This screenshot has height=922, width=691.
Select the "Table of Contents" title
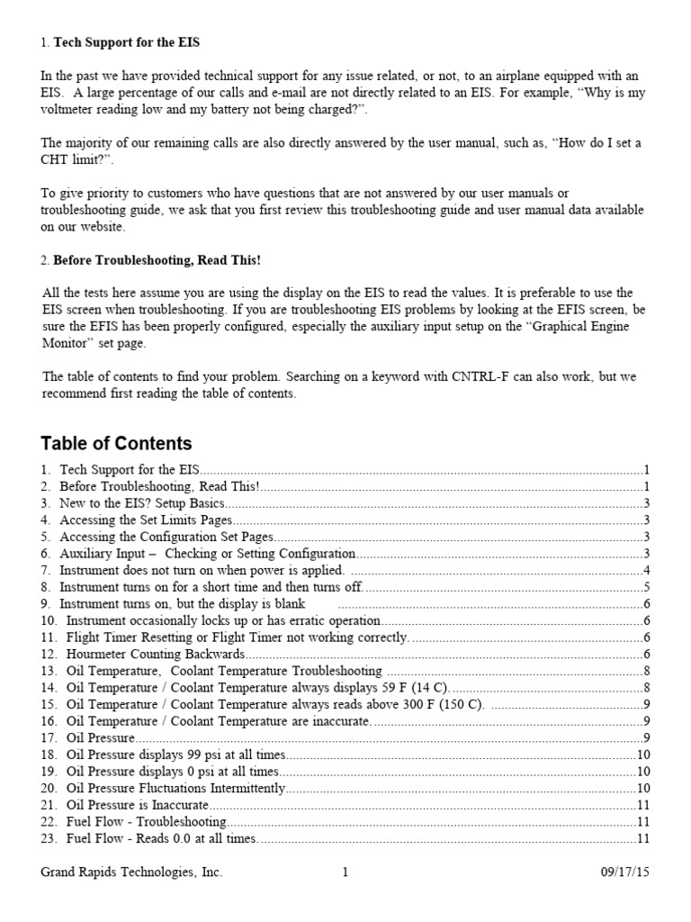(x=116, y=443)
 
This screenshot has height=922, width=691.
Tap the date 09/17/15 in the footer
(x=625, y=872)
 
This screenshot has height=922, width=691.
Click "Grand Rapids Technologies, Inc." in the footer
(x=132, y=872)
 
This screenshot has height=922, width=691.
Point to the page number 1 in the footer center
(x=345, y=872)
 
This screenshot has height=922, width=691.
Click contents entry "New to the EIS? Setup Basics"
(x=143, y=502)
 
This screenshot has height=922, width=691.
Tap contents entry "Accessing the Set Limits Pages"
(x=146, y=520)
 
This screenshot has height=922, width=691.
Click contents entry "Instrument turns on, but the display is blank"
(x=183, y=603)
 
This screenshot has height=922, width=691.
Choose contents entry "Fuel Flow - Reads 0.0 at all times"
(x=162, y=839)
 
